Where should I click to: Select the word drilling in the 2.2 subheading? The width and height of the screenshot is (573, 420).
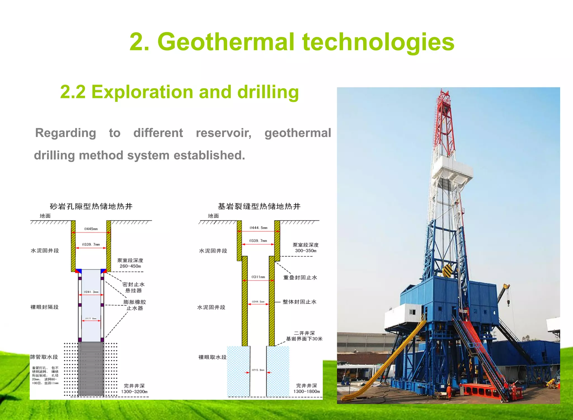point(268,92)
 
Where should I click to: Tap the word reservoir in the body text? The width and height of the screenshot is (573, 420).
point(223,133)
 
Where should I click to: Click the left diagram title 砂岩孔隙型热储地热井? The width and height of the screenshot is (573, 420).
point(91,207)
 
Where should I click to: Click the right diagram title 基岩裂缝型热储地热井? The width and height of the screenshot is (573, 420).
point(259,207)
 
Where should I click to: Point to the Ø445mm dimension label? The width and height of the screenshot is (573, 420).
point(91,229)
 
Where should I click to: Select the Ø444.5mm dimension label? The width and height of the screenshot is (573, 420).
point(258,228)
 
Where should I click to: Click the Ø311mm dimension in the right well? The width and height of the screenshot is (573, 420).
point(258,277)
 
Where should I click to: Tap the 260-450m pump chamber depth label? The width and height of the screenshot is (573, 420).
point(130,266)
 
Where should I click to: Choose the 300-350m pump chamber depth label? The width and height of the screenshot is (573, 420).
point(306,251)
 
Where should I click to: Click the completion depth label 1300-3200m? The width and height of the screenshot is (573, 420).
point(134,392)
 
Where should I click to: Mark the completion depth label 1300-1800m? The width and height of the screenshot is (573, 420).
point(306,391)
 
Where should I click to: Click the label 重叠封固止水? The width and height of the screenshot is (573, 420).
point(300,277)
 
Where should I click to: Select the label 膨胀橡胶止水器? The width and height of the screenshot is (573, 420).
point(135,305)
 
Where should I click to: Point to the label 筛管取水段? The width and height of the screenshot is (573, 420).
point(44,357)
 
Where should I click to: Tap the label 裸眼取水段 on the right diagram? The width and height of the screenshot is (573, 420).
point(212,357)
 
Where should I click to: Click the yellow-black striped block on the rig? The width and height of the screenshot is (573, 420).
point(448,270)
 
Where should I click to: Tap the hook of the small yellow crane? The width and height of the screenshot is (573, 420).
point(508,302)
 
